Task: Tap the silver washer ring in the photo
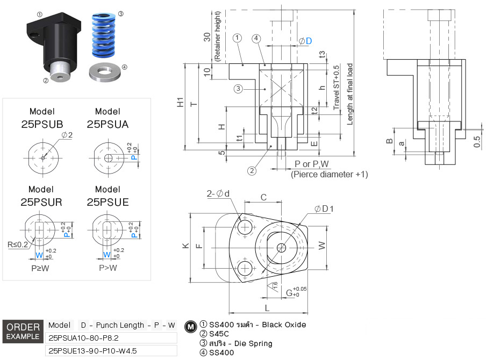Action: [105, 72]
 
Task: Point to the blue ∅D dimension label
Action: [305, 41]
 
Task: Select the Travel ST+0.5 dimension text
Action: [337, 88]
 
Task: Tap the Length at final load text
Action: [350, 94]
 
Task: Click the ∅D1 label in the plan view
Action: [325, 208]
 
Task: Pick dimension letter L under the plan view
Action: [267, 307]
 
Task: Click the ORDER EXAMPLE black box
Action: [23, 332]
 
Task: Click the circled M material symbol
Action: [190, 326]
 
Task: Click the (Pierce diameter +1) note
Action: [329, 174]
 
